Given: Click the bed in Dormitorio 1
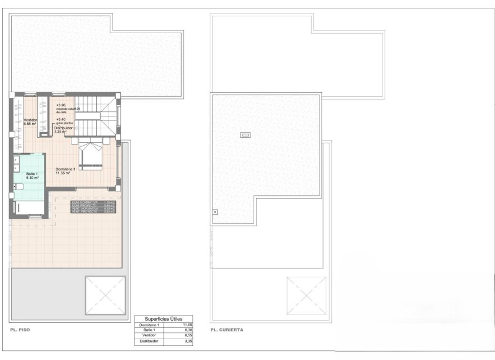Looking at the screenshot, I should click(91, 156).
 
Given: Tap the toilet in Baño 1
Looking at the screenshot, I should click(19, 187).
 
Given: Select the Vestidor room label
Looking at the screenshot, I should click(30, 120).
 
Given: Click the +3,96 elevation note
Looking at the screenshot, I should click(61, 105).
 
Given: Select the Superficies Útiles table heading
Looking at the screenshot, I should click(164, 318).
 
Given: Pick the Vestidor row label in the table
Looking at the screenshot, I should click(148, 336).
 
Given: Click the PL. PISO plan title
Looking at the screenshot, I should click(20, 330).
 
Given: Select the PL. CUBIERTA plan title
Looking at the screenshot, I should click(227, 330).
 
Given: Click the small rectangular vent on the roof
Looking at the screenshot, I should click(245, 134).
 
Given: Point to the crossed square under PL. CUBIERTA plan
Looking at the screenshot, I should click(306, 296).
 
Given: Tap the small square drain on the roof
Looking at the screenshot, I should click(215, 212).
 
